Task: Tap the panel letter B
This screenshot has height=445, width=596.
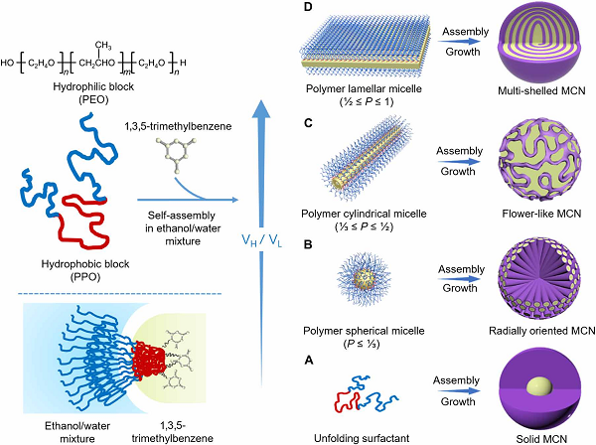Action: [x=308, y=241]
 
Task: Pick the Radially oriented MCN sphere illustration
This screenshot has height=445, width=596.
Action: [x=540, y=280]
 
